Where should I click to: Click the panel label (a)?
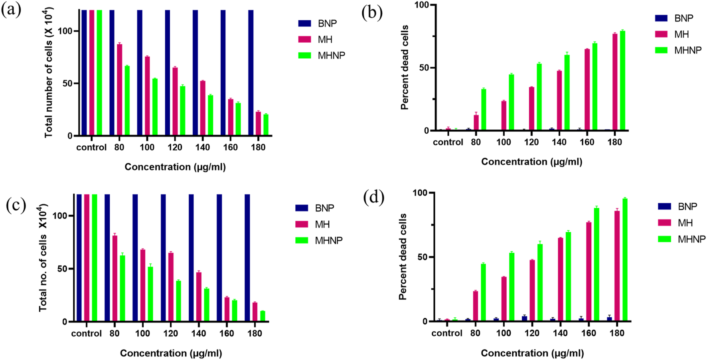point(11,10)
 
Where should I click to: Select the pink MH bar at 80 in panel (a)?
point(119,90)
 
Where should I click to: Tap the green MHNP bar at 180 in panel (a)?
point(266,125)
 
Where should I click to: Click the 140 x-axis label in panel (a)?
point(203,147)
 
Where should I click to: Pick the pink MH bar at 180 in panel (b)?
point(615,82)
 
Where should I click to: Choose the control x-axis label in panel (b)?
point(448,142)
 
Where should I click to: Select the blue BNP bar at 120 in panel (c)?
point(163,258)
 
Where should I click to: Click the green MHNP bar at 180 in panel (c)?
point(263,316)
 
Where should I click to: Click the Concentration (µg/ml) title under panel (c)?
point(171,353)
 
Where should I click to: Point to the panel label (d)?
point(374,197)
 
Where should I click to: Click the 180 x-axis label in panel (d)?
point(617,333)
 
